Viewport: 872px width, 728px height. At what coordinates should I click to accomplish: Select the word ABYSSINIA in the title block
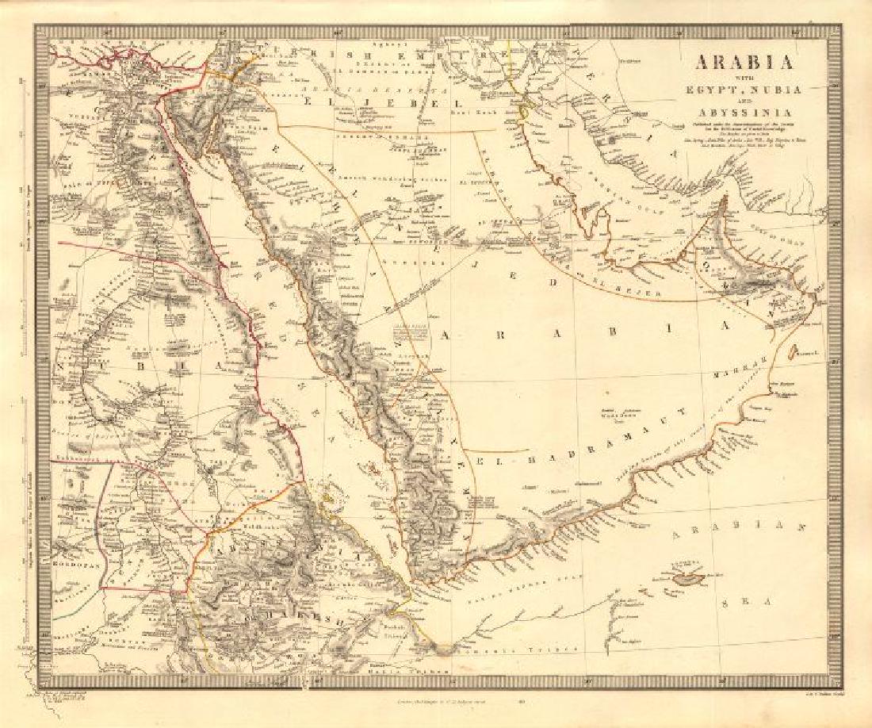[745, 112]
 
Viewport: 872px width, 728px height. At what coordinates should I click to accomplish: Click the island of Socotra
[686, 577]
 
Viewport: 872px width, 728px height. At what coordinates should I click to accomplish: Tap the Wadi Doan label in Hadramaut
[615, 413]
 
